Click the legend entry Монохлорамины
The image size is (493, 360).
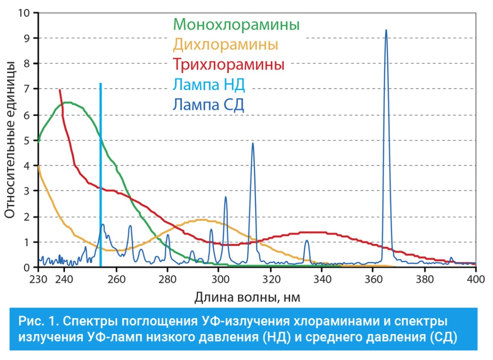coord(236,24)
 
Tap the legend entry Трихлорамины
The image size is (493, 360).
coord(229,64)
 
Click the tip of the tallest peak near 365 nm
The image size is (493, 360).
coord(386,30)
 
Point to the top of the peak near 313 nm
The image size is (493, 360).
coord(252,143)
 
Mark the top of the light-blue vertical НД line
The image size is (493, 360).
coord(100,84)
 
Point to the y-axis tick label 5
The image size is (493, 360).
coord(27,141)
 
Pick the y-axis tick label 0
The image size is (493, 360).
coord(27,268)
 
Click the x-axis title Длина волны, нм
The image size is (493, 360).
coord(247,297)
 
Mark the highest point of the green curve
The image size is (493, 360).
coord(68,102)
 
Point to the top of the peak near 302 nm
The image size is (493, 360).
coord(225,197)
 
